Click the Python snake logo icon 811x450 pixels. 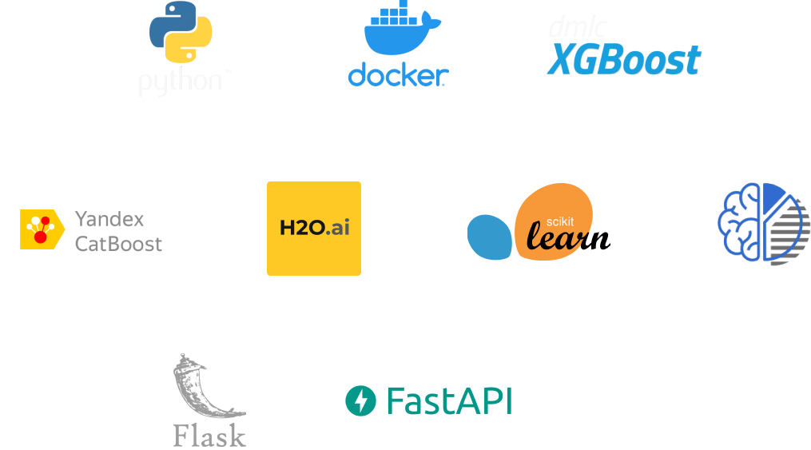pos(180,33)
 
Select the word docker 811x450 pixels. pos(397,75)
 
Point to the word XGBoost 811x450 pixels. pos(624,60)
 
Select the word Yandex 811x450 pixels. pos(109,218)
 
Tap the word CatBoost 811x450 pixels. pos(118,243)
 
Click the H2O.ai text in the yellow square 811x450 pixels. pos(314,228)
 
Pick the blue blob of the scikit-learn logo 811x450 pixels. pos(490,237)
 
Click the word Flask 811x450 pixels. pos(209,435)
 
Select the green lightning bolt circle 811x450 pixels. pos(360,400)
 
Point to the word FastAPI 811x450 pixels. pos(448,400)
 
